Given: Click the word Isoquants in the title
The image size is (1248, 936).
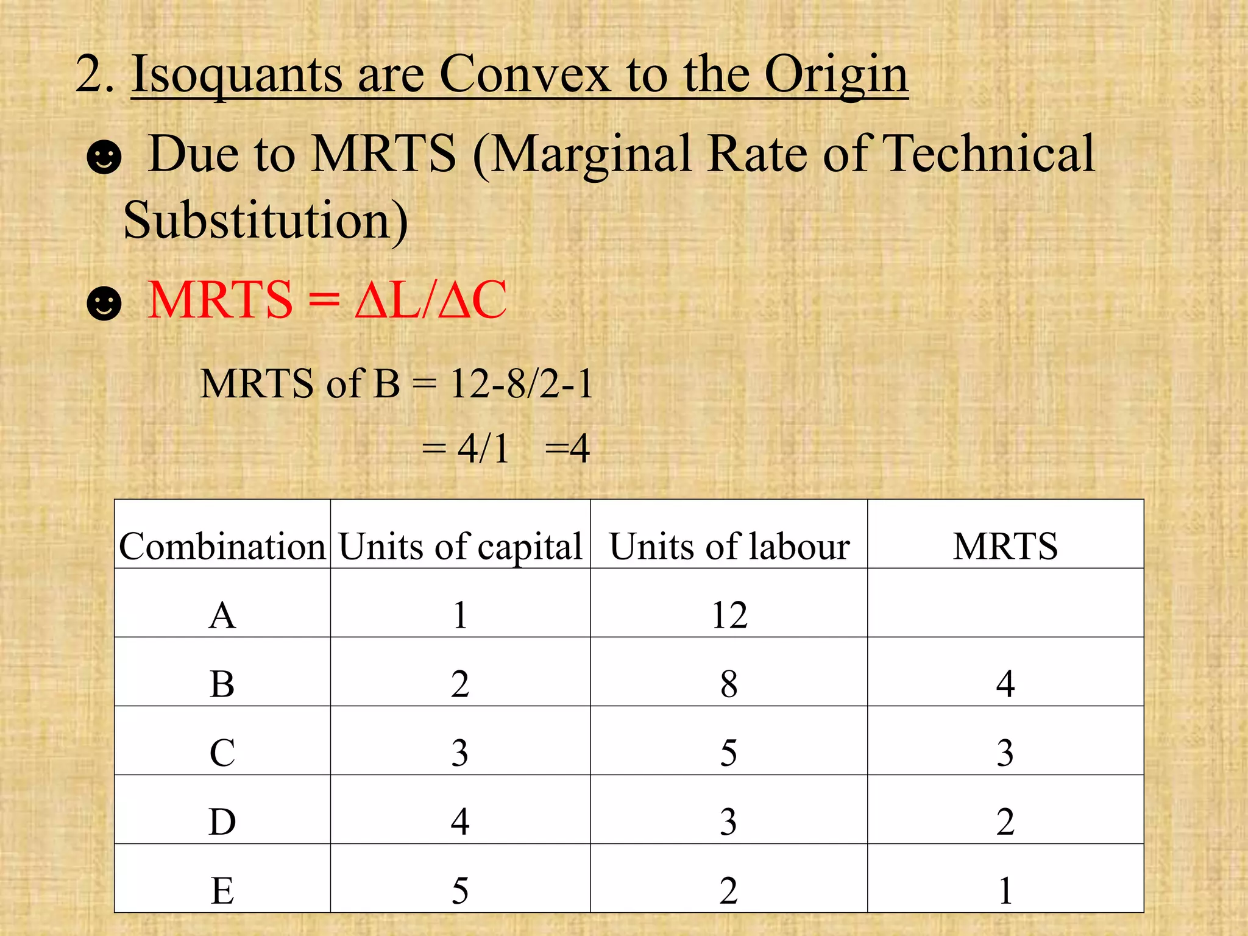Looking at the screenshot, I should point(236,74).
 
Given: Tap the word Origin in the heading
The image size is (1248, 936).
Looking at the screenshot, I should point(836,74).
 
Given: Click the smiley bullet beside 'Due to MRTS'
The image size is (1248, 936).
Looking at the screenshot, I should point(104,157).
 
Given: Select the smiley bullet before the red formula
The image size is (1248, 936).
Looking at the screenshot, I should point(104,302).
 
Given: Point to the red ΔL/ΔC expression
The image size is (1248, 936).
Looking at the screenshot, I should point(430,300).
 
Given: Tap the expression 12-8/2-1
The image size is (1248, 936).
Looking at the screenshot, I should point(522,384).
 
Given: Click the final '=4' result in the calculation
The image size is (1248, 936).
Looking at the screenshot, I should point(567,448).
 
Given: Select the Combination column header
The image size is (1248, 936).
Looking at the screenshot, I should point(222,546).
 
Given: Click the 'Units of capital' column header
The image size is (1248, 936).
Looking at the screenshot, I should point(460,546).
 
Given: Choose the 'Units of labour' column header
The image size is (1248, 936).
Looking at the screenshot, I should point(729,546).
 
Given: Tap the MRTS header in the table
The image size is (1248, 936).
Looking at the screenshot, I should point(1005,546).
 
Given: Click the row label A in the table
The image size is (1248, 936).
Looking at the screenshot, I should point(222,615).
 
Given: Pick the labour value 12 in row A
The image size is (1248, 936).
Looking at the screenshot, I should point(729,615).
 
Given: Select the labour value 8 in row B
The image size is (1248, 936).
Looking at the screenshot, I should point(729,684).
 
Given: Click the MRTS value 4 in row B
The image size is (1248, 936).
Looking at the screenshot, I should point(1005,684).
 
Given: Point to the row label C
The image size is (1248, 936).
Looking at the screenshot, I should point(222,753).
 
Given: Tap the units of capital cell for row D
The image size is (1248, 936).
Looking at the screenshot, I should point(460,821).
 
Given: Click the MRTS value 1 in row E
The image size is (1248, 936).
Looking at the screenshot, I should point(1005,890).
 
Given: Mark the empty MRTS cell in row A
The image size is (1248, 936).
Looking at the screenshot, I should point(1005,603).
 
